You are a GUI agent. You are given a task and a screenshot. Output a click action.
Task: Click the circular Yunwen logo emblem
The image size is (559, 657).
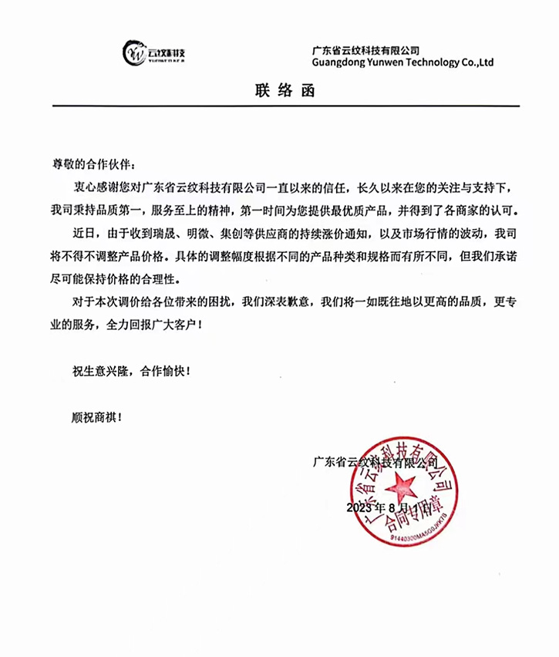(x=137, y=52)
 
